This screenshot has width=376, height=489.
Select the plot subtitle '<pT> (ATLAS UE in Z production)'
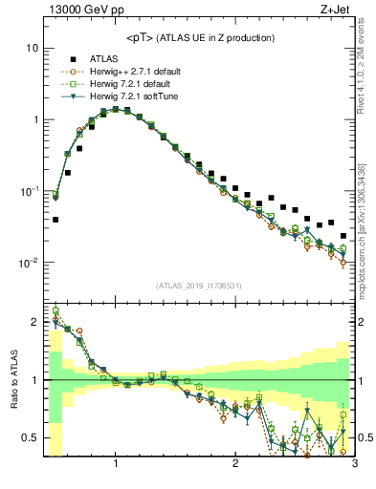coord(200,37)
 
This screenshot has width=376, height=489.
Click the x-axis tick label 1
coord(116,464)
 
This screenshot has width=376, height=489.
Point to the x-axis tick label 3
coord(353,464)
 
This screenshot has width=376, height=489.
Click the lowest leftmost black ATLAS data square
coord(55,219)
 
